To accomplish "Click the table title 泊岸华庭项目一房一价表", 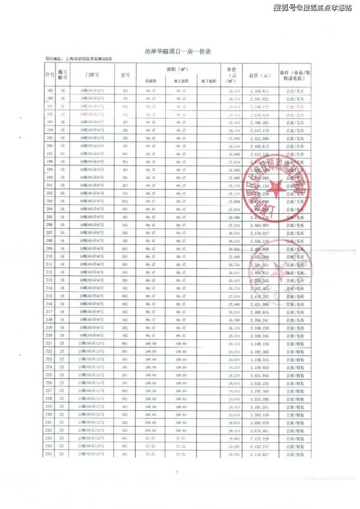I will point(180,51).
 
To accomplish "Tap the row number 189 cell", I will point(49,91).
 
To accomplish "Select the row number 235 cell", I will point(49,454).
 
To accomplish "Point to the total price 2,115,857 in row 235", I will point(259,454).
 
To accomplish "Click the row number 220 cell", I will point(49,336).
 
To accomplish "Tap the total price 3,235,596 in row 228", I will point(259,399).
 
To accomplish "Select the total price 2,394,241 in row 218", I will point(259,320).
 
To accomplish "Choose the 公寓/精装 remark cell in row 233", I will point(295,438).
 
